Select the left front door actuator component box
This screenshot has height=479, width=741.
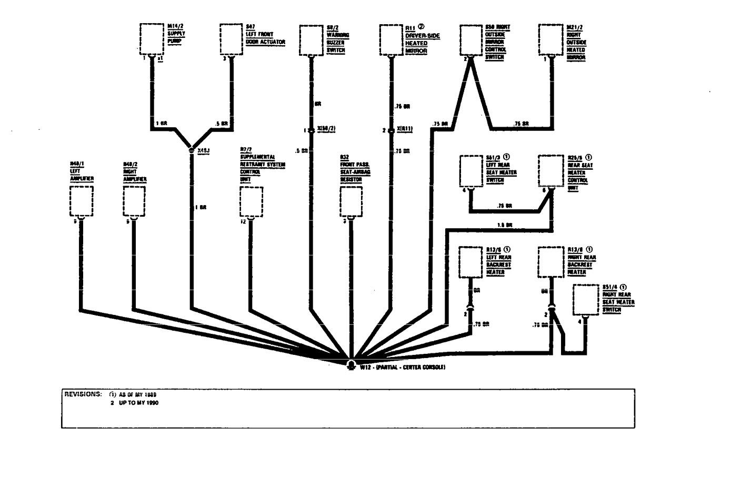pyautogui.click(x=232, y=39)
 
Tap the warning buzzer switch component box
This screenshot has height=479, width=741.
pyautogui.click(x=311, y=40)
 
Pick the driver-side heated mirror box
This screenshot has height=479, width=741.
pyautogui.click(x=391, y=40)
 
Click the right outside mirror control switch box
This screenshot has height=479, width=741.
pyautogui.click(x=472, y=40)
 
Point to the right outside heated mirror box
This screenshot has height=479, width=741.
pyautogui.click(x=551, y=40)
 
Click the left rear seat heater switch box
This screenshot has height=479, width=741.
pyautogui.click(x=471, y=171)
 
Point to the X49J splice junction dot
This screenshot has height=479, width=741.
pyautogui.click(x=191, y=150)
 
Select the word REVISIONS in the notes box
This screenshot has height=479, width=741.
pyautogui.click(x=82, y=394)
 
